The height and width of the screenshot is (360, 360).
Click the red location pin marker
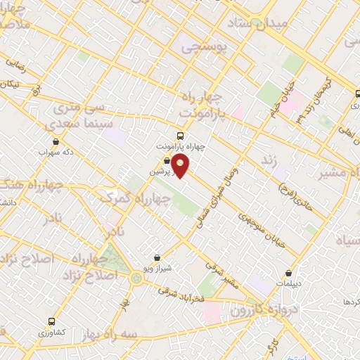point(181,167)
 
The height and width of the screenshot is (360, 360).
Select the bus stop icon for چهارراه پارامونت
point(181,136)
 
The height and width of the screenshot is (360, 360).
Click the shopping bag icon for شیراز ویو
point(157,257)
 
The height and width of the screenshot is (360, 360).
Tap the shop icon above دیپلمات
point(288,273)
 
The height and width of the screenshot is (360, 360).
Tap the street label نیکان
point(10,84)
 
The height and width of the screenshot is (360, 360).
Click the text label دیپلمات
point(288,284)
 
